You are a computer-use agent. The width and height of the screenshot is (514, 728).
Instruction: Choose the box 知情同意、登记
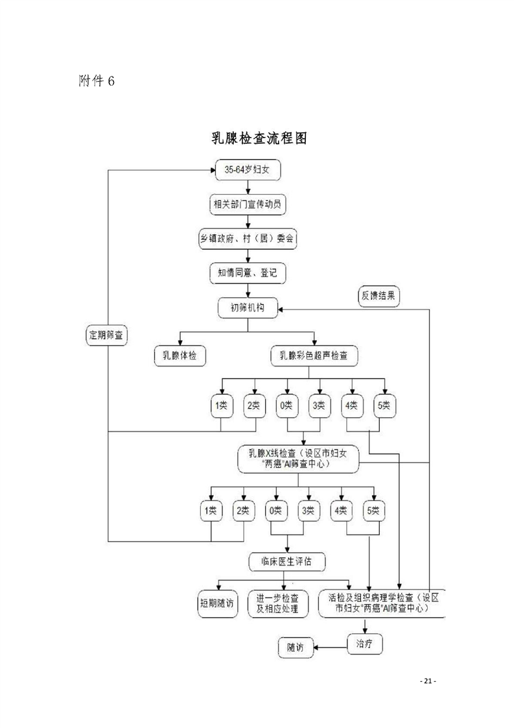point(248,273)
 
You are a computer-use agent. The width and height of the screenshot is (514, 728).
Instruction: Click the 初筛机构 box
point(248,307)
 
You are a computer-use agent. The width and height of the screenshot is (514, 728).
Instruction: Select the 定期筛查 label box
point(108,335)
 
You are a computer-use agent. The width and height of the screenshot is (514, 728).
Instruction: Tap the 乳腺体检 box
point(180,355)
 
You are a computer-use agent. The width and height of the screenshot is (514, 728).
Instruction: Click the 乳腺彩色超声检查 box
point(315,355)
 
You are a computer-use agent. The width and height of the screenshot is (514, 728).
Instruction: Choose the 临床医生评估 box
point(285,561)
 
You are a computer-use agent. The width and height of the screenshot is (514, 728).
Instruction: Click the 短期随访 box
point(217,603)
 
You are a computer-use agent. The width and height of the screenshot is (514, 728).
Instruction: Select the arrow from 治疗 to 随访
point(331,647)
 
